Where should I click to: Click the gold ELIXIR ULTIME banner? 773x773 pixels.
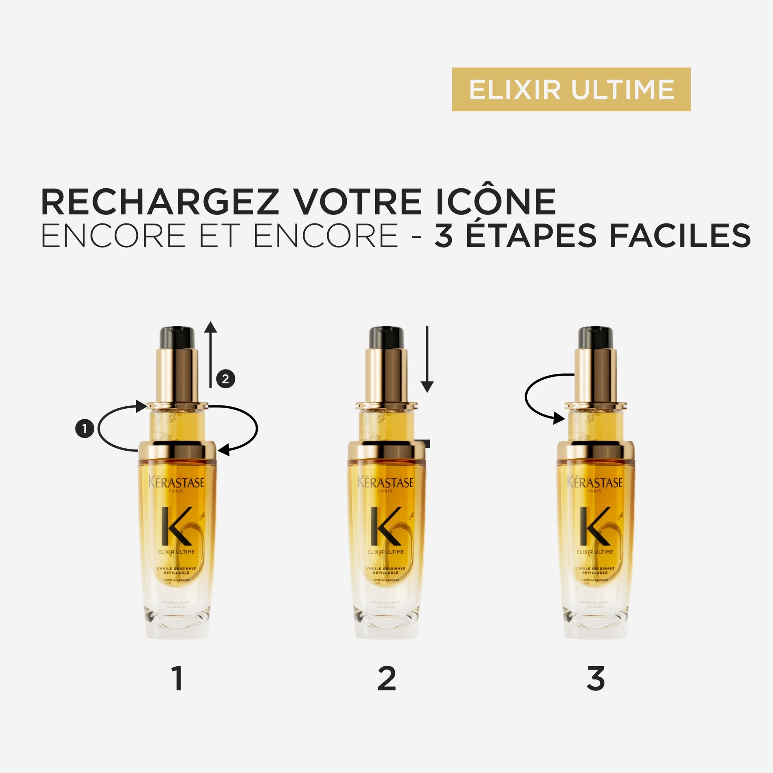[571, 89]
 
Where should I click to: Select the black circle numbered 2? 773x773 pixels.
[225, 379]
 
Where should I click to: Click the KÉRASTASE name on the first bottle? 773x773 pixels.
[177, 482]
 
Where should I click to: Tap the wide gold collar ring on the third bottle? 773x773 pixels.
[595, 450]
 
